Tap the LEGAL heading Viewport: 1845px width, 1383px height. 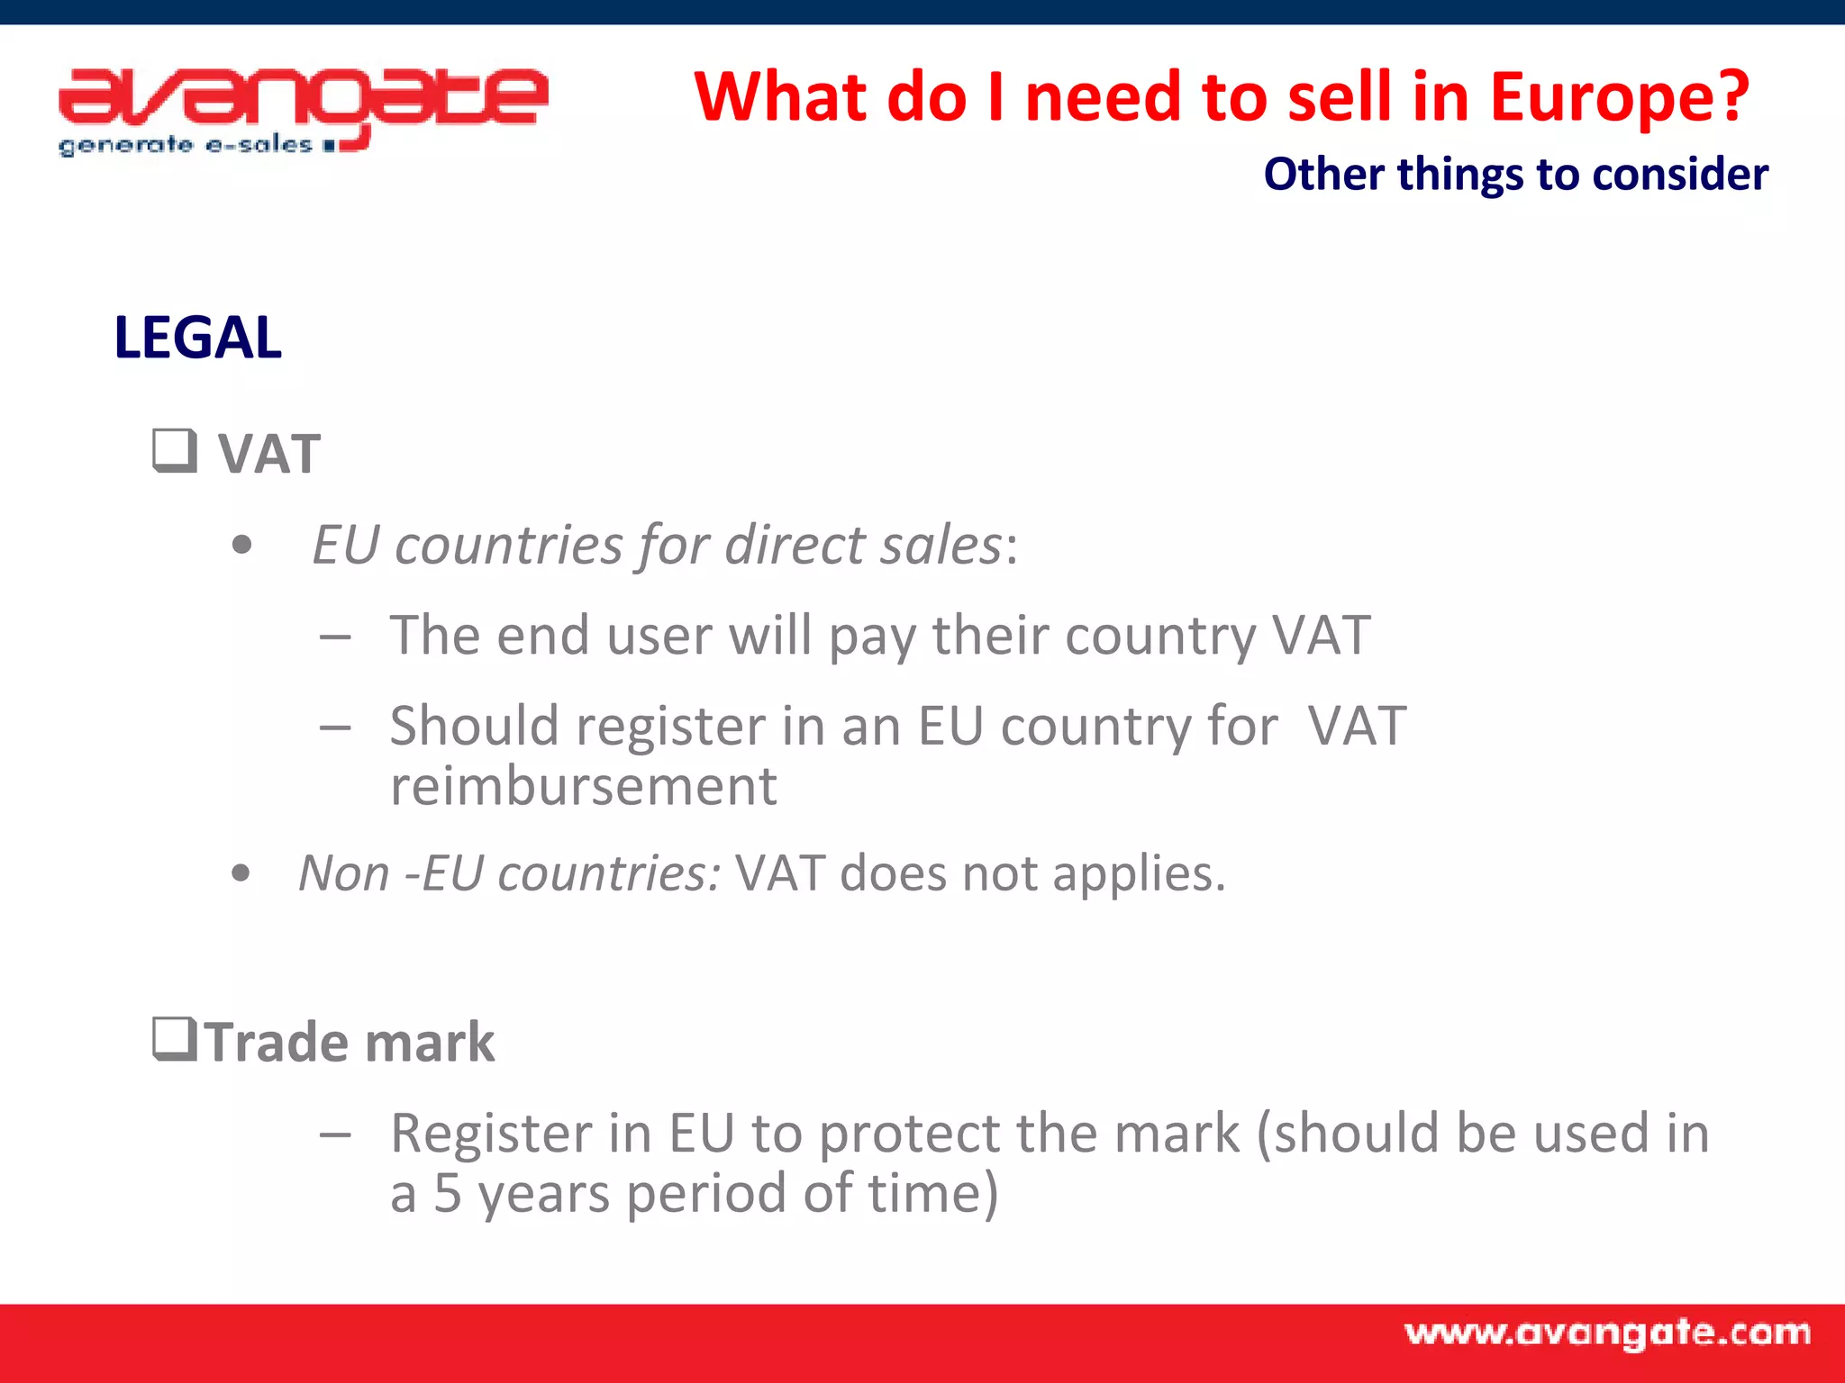pos(197,338)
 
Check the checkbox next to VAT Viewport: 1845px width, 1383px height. pos(174,450)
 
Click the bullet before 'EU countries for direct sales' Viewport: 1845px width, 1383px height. pos(241,546)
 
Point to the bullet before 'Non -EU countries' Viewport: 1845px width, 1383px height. pos(241,872)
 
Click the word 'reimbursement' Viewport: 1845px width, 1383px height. pos(583,786)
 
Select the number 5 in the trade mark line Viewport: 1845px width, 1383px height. pos(448,1193)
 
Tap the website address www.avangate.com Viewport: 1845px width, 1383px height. pos(1607,1333)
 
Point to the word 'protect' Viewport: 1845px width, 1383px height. pos(906,1134)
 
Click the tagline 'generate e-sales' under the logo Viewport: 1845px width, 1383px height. pos(186,145)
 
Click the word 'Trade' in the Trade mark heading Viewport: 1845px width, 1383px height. pos(275,1043)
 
